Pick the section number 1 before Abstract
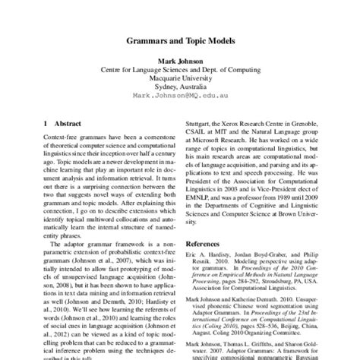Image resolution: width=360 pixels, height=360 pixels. point(46,122)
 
